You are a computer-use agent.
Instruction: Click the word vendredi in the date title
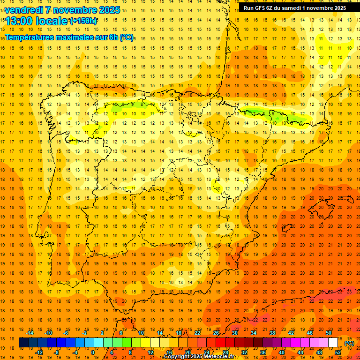24,10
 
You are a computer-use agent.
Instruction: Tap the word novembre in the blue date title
75,10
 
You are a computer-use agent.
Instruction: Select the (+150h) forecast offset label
83,21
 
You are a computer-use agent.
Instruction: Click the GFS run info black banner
295,8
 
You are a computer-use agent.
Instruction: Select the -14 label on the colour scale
30,333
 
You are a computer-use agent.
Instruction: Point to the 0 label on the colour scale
93,352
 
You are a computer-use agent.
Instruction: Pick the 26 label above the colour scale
216,333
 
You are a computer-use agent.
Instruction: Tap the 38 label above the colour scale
272,333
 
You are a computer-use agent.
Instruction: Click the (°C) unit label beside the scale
349,343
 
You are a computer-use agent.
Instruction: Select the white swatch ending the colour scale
333,343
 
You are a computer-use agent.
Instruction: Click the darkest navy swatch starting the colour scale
23,343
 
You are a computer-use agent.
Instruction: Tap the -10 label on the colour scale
48,333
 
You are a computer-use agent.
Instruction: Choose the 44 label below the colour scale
300,352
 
